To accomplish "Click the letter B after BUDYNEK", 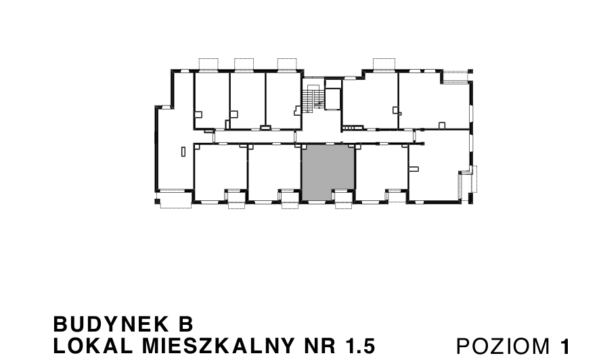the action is pos(185,324).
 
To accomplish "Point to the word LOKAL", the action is pos(93,346).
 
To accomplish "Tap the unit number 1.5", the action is pos(360,346).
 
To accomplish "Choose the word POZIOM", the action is pos(503,346).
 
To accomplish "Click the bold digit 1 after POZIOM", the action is pos(564,346).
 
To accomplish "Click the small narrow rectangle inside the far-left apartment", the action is pos(183,152).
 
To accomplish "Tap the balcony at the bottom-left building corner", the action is pos(175,200).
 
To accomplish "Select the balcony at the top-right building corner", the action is pos(458,76).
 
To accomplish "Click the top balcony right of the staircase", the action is pos(384,64).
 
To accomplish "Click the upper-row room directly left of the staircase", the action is pos(284,100).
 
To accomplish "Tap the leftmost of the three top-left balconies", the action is pos(209,64).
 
